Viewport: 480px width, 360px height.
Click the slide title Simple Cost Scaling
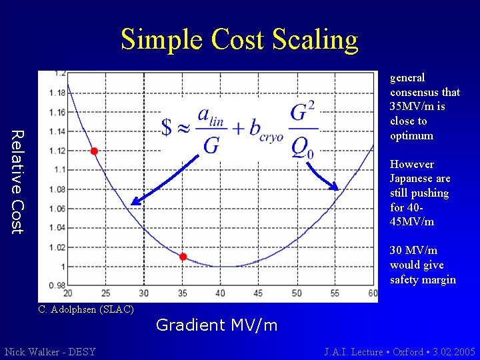[239, 40]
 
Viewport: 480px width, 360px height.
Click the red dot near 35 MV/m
[183, 257]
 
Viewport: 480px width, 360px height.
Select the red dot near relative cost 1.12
[94, 151]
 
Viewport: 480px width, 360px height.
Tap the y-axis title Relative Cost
[18, 182]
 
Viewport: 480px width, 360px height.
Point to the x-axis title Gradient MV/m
[217, 325]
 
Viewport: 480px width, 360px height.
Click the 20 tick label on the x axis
[67, 293]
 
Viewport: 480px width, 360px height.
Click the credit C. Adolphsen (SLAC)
[86, 309]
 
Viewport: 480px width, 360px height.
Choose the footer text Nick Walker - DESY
[50, 351]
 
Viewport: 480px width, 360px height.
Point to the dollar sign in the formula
[167, 126]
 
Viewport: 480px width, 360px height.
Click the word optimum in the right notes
[411, 136]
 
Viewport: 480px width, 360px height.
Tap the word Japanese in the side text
[420, 179]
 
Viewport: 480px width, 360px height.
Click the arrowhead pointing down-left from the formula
[133, 201]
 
